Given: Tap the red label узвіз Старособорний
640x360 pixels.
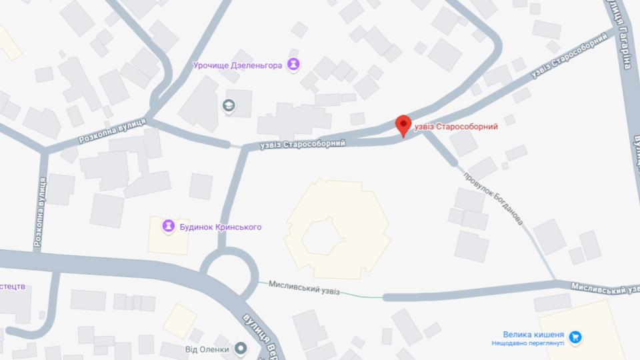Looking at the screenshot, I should pyautogui.click(x=456, y=127).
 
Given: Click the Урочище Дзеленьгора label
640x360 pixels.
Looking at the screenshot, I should pyautogui.click(x=237, y=65).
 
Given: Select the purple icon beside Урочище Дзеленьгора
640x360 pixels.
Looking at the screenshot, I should pyautogui.click(x=293, y=65).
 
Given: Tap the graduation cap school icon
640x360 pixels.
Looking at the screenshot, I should pyautogui.click(x=229, y=105).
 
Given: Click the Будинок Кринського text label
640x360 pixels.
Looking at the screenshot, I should pyautogui.click(x=220, y=227).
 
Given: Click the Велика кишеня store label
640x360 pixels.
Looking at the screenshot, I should pyautogui.click(x=533, y=335).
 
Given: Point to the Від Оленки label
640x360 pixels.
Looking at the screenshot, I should pyautogui.click(x=207, y=349).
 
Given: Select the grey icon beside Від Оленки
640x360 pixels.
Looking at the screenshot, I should pyautogui.click(x=241, y=349).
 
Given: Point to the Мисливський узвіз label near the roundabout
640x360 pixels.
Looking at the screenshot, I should pyautogui.click(x=304, y=287).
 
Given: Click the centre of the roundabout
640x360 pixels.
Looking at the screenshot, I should pyautogui.click(x=229, y=273).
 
